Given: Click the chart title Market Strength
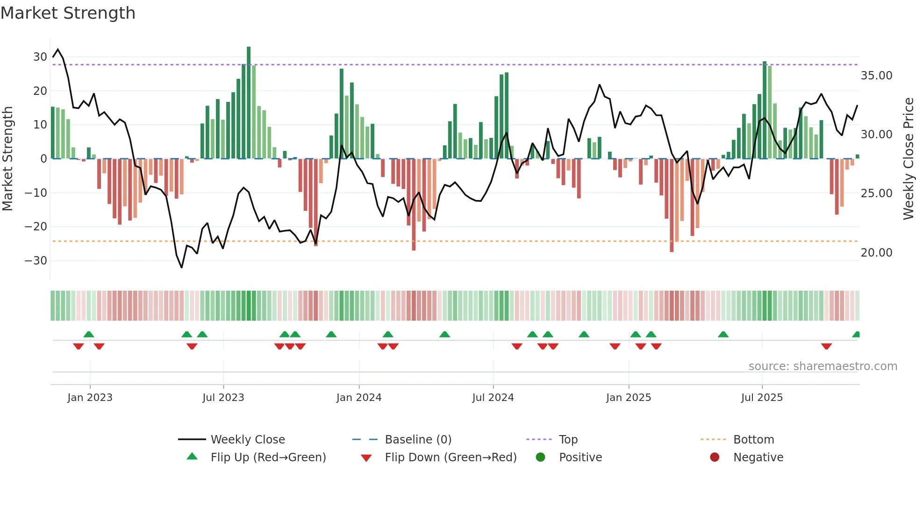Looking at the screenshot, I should tap(68, 13).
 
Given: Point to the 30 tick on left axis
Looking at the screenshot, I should tap(40, 57).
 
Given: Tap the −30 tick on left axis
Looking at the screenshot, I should tap(36, 261).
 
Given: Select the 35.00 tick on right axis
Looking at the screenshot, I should tap(876, 76).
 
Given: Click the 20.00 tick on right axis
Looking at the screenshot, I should tap(876, 253).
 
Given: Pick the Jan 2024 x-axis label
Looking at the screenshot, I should tap(358, 398).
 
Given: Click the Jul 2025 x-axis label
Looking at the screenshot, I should tap(762, 398).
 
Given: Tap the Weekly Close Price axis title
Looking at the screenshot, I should tap(908, 159).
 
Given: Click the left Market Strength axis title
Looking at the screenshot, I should tap(8, 159).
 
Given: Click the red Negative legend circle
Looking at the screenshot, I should tap(714, 458).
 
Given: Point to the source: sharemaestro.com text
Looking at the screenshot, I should tap(823, 366).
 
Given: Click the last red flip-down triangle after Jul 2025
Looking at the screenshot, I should tap(826, 346).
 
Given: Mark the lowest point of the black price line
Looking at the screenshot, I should tap(182, 267).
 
